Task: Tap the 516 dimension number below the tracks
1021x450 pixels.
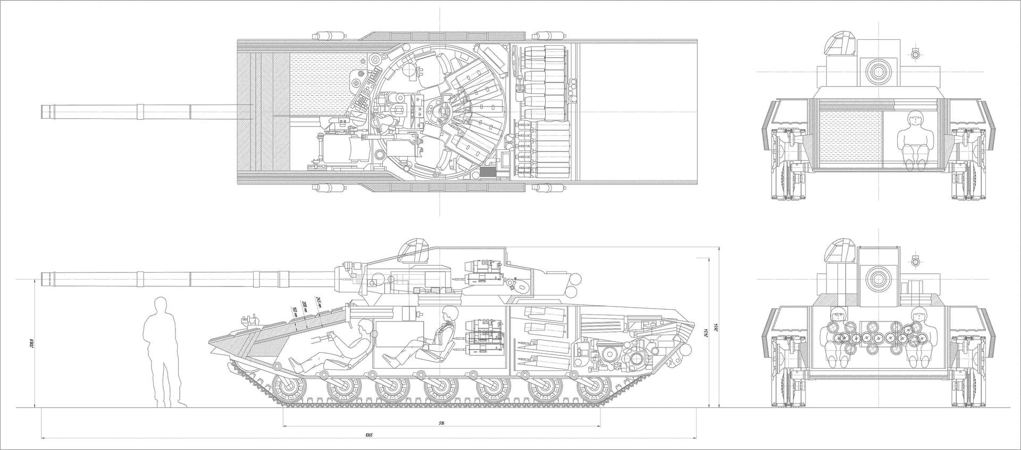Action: pos(441,423)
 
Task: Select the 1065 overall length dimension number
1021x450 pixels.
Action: pos(369,435)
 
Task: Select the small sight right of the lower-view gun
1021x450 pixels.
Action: pos(916,261)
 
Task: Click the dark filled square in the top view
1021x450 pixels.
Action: pos(487,172)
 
